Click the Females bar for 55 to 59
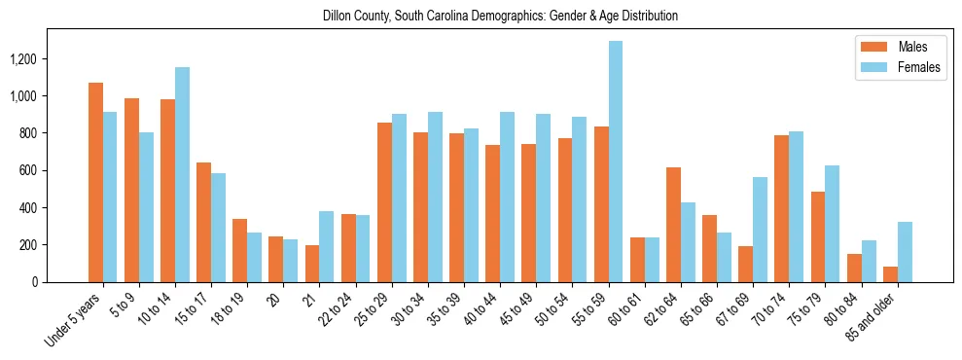[616, 162]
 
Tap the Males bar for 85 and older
[890, 274]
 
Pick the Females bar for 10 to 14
[182, 174]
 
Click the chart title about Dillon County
[500, 17]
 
